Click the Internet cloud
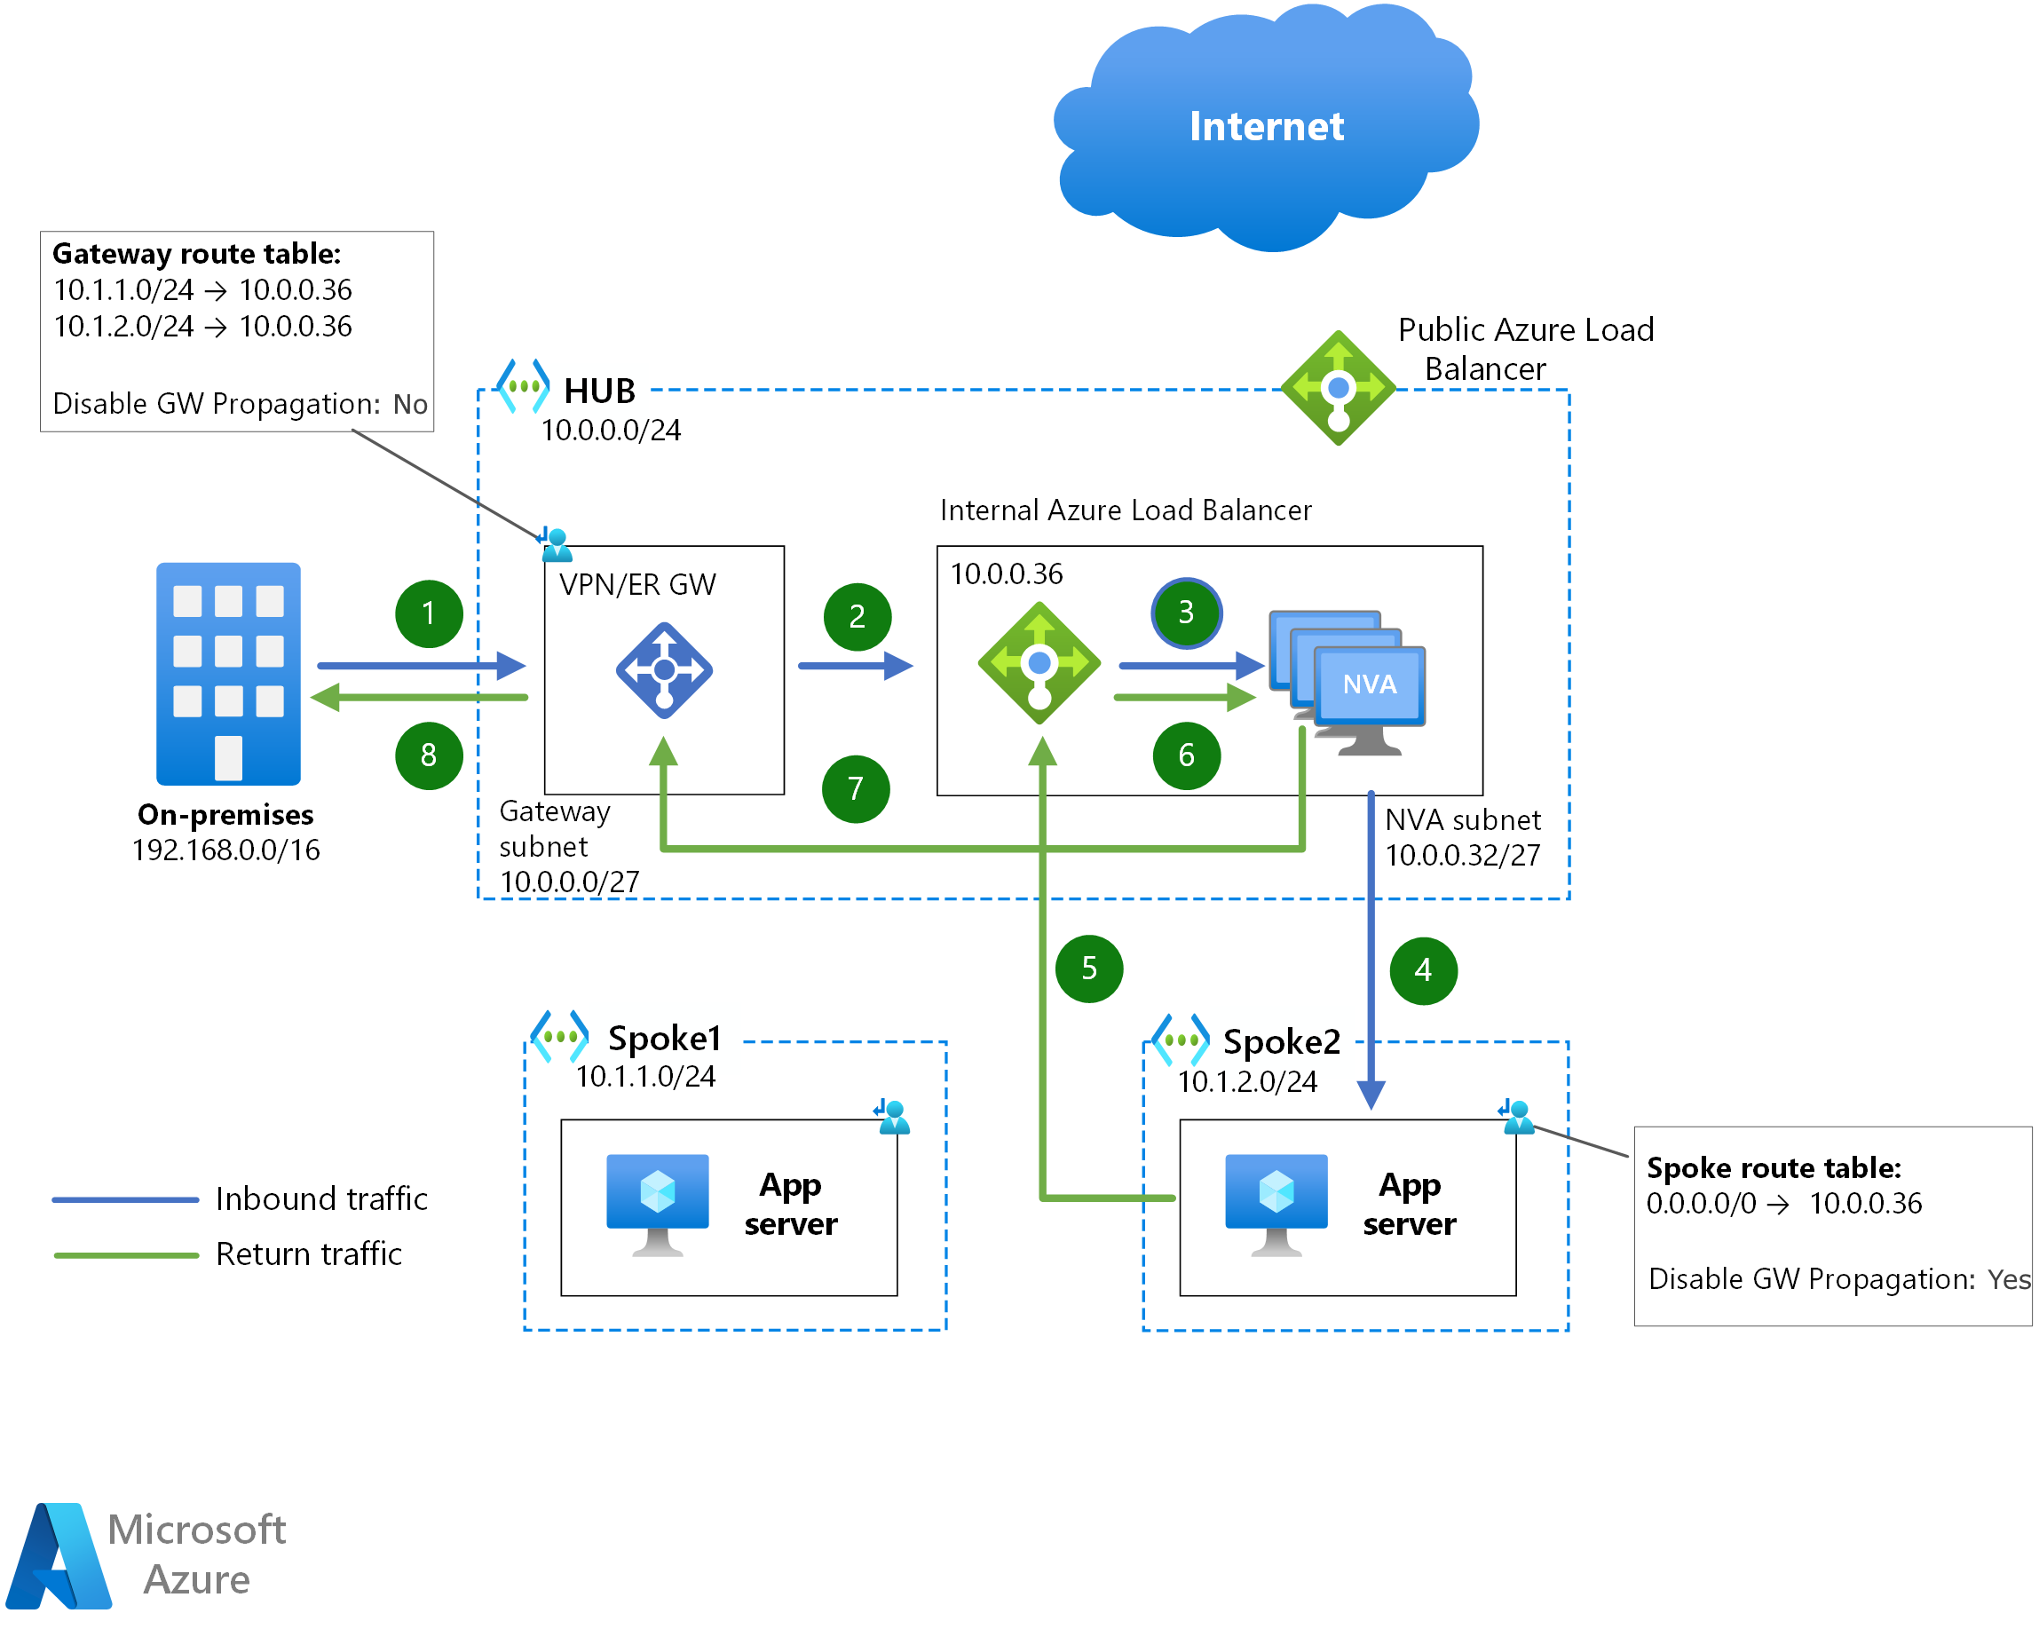pos(1267,128)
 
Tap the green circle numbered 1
pos(429,614)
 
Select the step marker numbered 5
pos(1088,969)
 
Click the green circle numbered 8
pos(429,755)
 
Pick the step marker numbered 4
pos(1423,970)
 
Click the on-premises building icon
pos(228,674)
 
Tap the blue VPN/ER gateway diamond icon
pos(664,669)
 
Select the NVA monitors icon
pos(1347,683)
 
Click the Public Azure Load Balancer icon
pos(1339,388)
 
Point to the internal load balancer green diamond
pos(1039,663)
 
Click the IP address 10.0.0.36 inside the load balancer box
pos(1007,574)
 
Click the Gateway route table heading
pos(197,254)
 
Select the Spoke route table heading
pos(1774,1167)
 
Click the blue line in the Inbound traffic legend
pos(125,1199)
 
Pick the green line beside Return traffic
pos(126,1254)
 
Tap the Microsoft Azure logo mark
pos(59,1555)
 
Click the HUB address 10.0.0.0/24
pos(611,431)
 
